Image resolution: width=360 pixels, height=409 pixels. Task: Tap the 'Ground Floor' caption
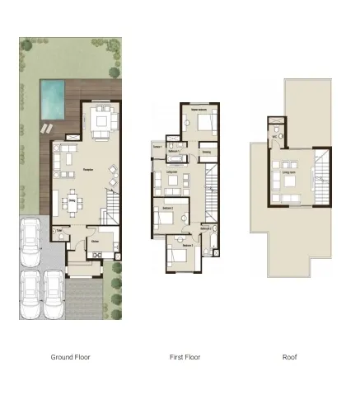(x=70, y=357)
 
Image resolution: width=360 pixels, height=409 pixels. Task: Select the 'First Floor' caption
(x=184, y=357)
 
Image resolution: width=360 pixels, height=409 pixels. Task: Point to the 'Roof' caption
(x=289, y=357)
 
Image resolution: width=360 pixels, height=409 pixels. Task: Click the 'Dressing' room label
(x=206, y=152)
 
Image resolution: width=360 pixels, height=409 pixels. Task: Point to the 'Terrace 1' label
(x=157, y=147)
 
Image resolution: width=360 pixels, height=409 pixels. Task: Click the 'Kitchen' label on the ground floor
(x=95, y=241)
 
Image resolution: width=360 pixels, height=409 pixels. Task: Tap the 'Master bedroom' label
(x=199, y=108)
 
